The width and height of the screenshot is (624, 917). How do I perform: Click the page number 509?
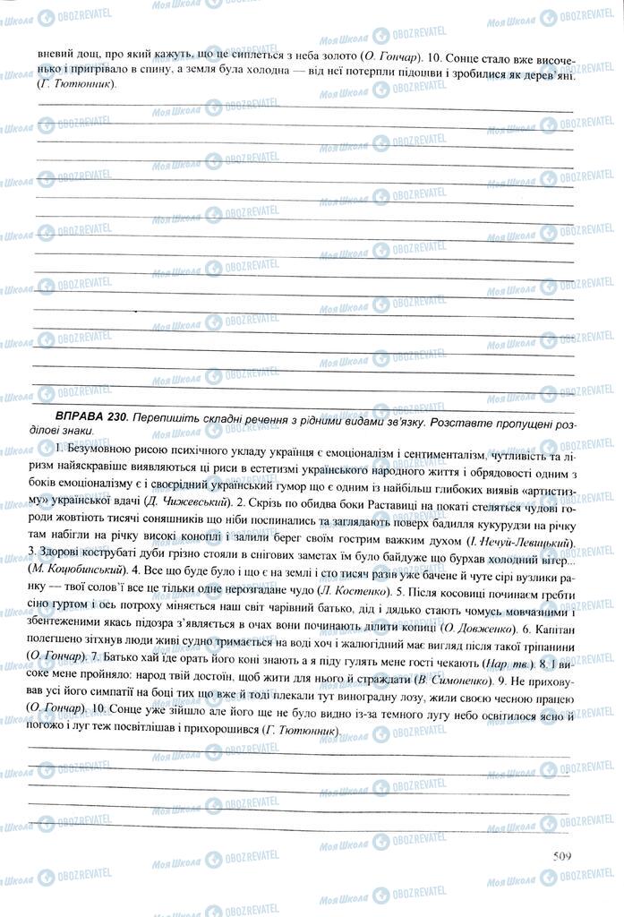[x=562, y=854]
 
